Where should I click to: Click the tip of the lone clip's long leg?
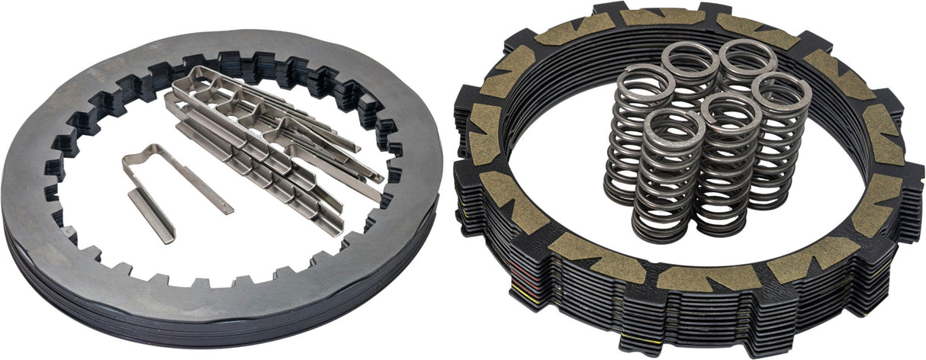coord(226,207)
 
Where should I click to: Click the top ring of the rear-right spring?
coord(748,57)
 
